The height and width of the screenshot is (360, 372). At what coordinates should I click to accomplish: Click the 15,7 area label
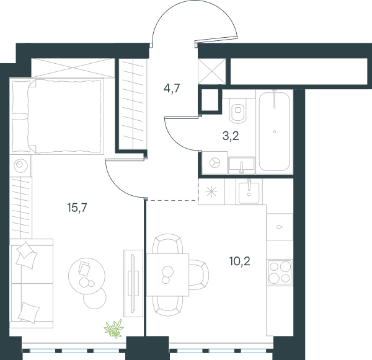point(77,208)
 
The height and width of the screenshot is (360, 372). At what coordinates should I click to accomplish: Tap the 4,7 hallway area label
point(172,89)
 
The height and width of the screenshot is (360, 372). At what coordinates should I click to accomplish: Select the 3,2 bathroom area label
point(231,136)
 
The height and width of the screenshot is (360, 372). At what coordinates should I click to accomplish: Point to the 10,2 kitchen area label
point(239,261)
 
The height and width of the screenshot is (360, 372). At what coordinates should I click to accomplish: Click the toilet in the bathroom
point(237,110)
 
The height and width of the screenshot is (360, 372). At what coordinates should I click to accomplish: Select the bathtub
point(274,131)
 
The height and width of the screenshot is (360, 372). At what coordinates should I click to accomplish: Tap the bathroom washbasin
point(242,165)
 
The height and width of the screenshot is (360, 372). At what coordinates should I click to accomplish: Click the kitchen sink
point(249,192)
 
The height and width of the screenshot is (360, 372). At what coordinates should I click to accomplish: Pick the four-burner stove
point(280,272)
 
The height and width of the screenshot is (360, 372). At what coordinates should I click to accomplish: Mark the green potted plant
point(114,328)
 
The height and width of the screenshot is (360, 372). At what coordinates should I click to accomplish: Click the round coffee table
point(87,276)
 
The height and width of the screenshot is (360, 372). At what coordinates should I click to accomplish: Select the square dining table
point(167,274)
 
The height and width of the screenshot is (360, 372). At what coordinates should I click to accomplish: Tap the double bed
point(57,116)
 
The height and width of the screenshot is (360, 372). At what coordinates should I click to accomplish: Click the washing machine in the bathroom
point(215,163)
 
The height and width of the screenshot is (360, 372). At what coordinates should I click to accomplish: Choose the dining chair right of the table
point(199,274)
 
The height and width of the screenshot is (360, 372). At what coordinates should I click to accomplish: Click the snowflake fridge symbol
point(211,192)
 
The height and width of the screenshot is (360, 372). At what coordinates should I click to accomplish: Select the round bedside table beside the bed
point(20,165)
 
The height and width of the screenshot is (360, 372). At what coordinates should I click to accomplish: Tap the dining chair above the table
point(168,244)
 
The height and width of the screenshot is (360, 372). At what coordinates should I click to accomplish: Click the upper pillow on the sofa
point(26,255)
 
